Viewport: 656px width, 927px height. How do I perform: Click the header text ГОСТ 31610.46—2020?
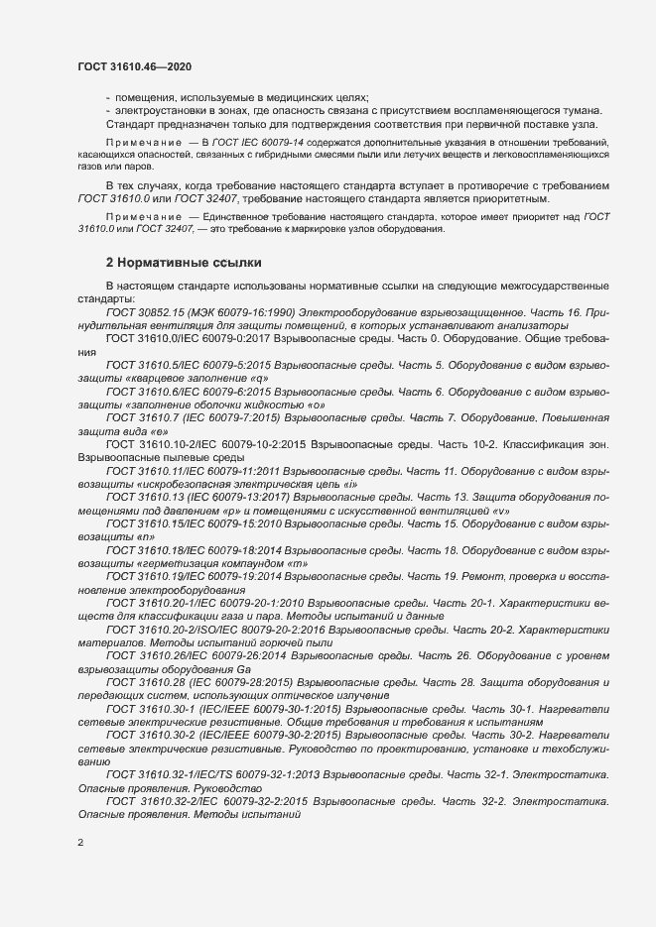click(x=134, y=66)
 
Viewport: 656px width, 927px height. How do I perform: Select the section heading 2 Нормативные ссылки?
click(x=184, y=263)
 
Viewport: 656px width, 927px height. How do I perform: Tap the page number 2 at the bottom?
click(x=80, y=844)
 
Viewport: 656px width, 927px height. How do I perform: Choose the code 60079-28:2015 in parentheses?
click(x=251, y=683)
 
